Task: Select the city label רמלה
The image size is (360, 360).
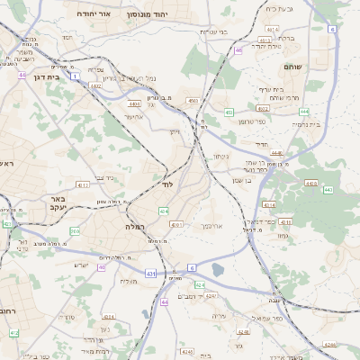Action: pos(136,227)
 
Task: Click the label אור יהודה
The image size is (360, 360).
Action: pos(91,15)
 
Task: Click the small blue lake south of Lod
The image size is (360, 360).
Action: pos(217,269)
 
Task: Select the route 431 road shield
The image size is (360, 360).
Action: pos(150,274)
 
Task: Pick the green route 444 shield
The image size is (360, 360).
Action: pos(304,111)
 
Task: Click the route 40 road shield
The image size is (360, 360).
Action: pos(101,266)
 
